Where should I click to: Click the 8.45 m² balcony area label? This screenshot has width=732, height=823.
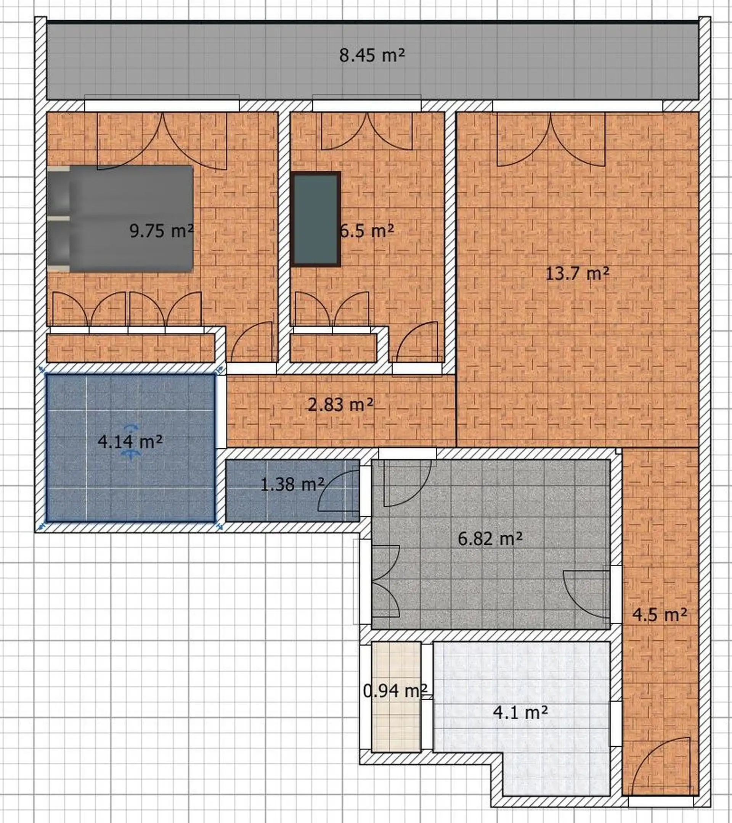point(372,55)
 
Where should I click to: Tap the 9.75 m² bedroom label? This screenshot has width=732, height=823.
point(162,231)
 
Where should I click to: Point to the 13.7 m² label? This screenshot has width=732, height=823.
point(578,274)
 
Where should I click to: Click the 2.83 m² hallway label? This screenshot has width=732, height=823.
point(340,405)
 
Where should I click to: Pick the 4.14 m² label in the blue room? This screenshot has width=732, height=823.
point(130,442)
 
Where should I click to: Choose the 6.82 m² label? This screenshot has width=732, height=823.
point(490,538)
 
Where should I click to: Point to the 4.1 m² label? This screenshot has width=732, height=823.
point(520,713)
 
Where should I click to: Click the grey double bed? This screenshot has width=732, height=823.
point(120,219)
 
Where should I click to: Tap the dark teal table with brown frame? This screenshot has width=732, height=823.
point(316,219)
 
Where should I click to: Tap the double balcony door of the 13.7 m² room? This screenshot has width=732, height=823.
point(551,139)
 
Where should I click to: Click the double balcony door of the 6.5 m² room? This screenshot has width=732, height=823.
point(367,131)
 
